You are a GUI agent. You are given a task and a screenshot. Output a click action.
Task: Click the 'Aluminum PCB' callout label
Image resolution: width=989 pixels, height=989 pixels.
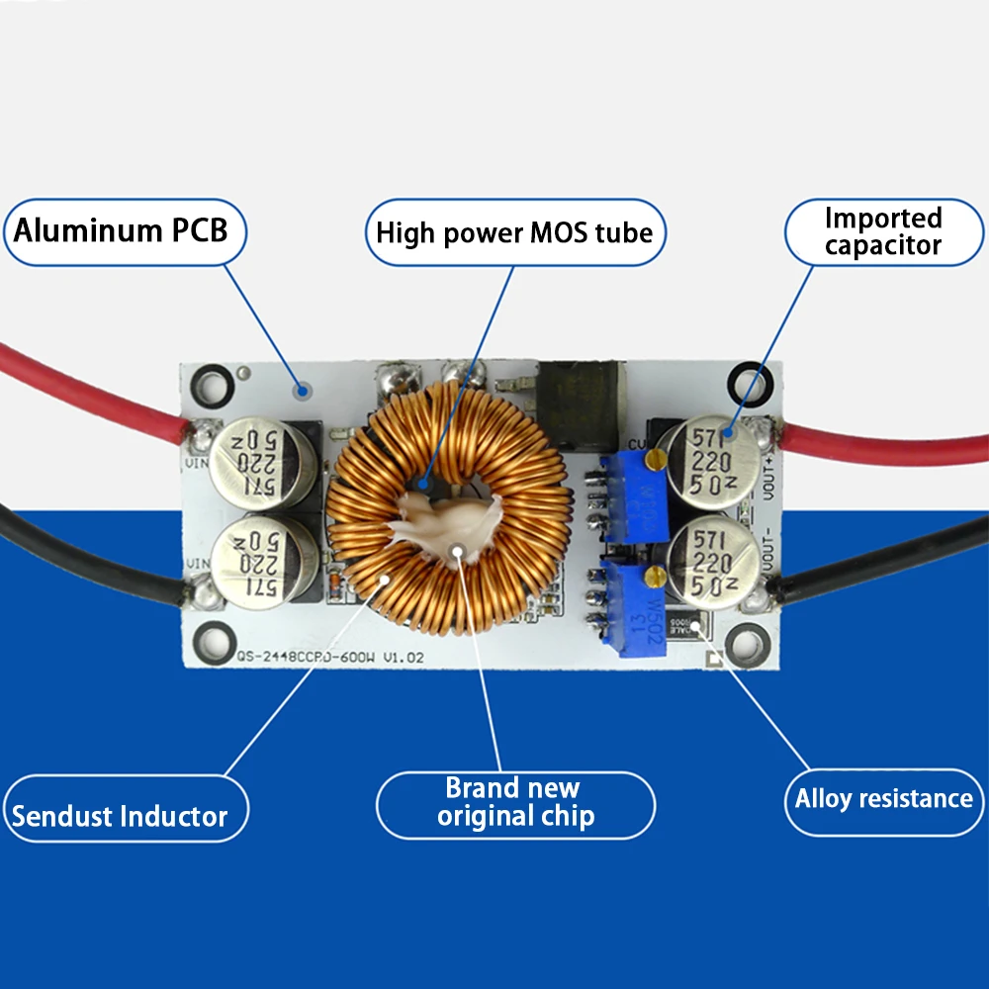(121, 231)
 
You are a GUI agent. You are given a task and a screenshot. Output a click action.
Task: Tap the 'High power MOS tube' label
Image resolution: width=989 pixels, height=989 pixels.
(514, 233)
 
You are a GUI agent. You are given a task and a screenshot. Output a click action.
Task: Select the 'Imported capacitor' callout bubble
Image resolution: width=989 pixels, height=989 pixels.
(882, 232)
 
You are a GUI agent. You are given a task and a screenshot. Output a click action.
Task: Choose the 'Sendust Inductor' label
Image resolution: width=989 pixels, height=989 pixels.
(120, 816)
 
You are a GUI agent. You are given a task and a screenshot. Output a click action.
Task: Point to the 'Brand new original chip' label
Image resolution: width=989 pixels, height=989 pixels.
(515, 802)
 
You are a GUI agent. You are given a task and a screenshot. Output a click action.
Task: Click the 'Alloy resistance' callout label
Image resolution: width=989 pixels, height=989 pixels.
(883, 799)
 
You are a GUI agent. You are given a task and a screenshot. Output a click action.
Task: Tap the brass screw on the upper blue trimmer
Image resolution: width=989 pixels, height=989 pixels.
(654, 458)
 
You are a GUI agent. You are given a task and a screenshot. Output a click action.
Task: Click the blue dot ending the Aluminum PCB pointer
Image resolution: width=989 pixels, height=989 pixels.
(305, 392)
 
